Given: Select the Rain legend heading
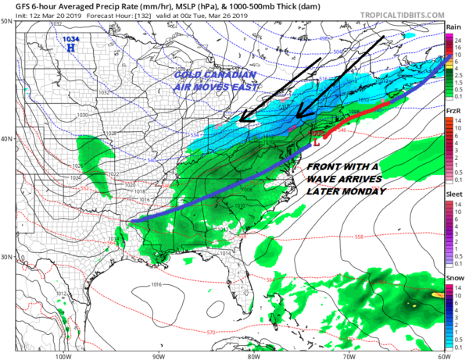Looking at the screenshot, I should [x=452, y=27].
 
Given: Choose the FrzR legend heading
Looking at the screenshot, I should [x=452, y=112].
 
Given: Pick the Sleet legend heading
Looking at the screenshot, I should [x=452, y=196].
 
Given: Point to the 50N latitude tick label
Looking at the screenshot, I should [x=6, y=22].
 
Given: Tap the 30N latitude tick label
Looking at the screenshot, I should [x=6, y=257].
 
